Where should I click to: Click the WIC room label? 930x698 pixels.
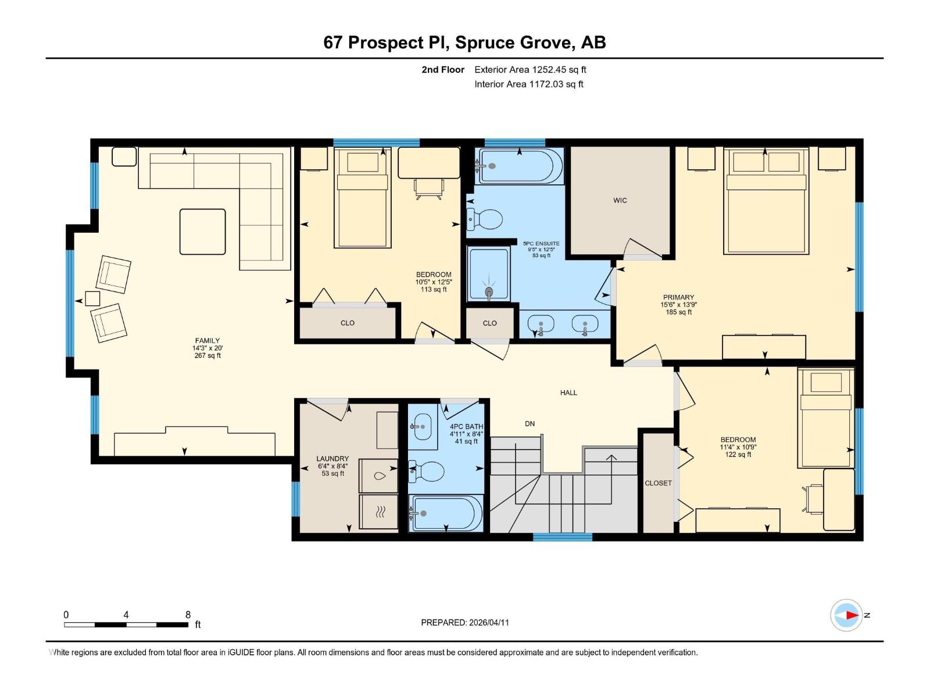[620, 201]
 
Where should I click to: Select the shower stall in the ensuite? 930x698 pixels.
[489, 274]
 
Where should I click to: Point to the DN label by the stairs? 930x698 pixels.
[530, 424]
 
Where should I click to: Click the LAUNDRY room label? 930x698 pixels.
[332, 459]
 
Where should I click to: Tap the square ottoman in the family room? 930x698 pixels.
[202, 232]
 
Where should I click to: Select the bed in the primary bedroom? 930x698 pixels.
[766, 201]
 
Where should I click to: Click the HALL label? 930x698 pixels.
[568, 393]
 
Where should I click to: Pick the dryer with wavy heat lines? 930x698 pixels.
[379, 512]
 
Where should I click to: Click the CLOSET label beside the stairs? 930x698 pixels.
[658, 483]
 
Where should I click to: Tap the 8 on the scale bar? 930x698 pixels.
[188, 615]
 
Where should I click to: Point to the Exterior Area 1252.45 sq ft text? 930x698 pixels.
[530, 70]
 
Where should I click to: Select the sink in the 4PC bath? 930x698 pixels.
[422, 428]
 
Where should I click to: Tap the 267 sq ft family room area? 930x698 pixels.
[208, 355]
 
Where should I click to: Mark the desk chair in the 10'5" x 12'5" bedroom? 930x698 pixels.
[429, 188]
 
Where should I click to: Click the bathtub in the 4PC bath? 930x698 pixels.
[446, 513]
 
